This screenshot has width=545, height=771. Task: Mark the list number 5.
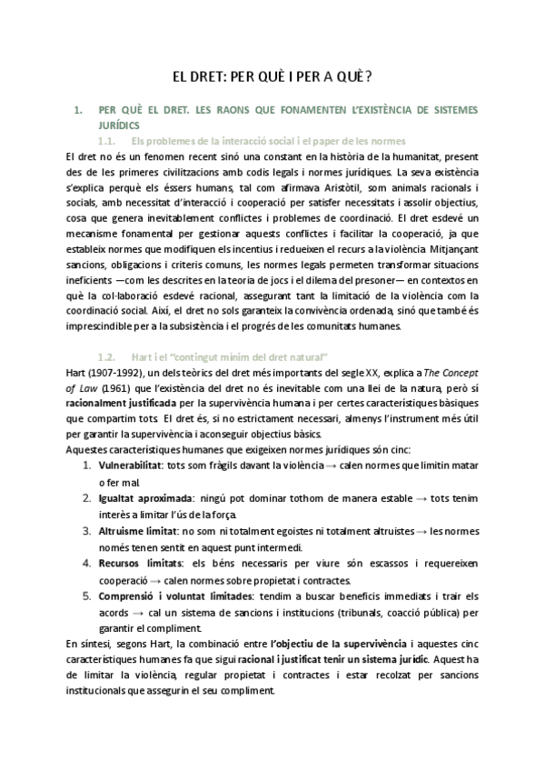[86, 596]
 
